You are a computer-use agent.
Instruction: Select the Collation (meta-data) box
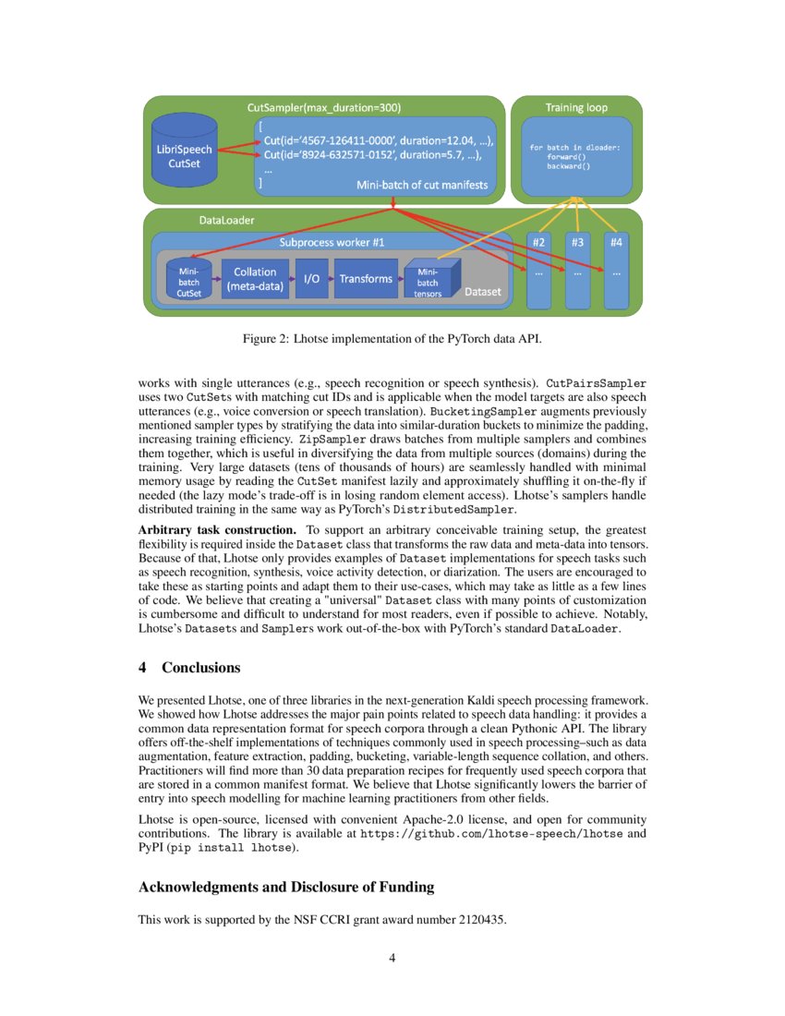coord(254,279)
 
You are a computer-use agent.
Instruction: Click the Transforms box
coord(366,279)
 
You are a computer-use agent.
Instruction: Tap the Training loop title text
coord(576,108)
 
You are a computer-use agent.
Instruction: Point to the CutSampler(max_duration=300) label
coord(324,108)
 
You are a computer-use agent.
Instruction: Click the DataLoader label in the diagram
coord(227,222)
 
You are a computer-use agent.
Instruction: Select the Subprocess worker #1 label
coord(332,242)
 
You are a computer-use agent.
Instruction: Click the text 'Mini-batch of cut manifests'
coord(422,186)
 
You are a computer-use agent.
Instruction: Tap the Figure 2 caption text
coord(392,339)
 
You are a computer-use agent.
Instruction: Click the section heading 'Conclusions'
coord(200,668)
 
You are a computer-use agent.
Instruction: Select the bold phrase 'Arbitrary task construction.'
coord(217,530)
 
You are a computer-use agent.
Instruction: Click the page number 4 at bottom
coord(392,958)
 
